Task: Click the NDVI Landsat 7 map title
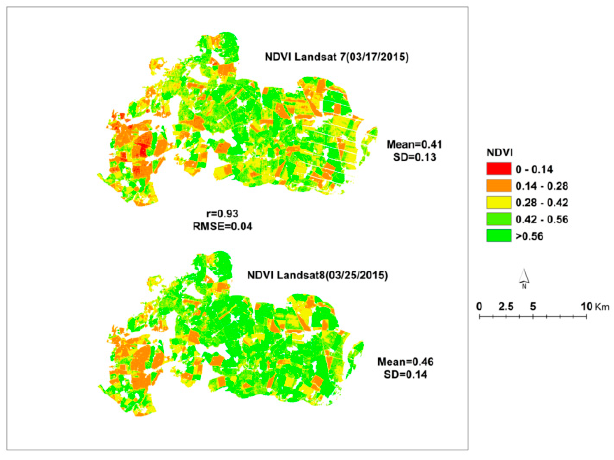[x=336, y=57]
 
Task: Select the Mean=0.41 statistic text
[x=414, y=144]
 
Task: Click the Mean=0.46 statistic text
[x=405, y=362]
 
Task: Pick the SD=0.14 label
[x=405, y=375]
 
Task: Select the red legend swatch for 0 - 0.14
[x=499, y=169]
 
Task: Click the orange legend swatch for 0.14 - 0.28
[x=499, y=186]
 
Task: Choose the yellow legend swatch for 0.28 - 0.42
[x=499, y=202]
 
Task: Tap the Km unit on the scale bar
[x=602, y=307]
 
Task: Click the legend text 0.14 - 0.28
[x=542, y=186]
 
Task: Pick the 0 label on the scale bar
[x=479, y=306]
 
